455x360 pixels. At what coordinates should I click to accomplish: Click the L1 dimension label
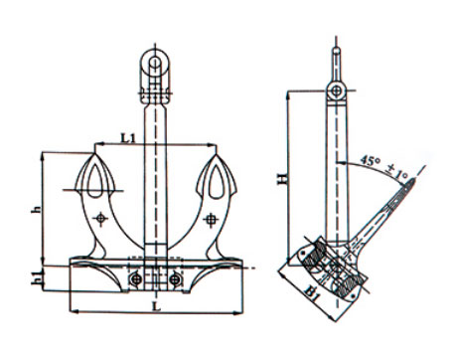[x=127, y=138]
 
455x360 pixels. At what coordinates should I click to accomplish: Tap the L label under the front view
[x=156, y=306]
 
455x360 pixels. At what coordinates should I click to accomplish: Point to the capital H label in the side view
[x=282, y=178]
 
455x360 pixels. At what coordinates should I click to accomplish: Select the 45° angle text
[x=370, y=161]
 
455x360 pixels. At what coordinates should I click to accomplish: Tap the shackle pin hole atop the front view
[x=155, y=63]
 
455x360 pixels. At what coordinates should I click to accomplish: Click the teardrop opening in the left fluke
[x=95, y=181]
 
